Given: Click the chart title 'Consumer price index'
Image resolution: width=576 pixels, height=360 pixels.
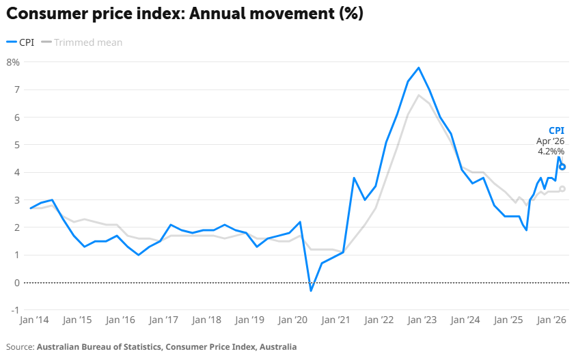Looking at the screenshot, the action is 96,14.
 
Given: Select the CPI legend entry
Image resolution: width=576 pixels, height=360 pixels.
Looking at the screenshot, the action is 20,42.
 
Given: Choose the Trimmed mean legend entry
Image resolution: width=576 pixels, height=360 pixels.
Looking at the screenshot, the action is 81,42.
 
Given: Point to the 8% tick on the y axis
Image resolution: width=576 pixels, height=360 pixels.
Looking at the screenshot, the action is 13,62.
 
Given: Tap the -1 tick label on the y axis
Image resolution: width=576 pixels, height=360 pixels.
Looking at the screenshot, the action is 15,310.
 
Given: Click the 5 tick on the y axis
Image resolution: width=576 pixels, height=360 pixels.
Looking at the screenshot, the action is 17,145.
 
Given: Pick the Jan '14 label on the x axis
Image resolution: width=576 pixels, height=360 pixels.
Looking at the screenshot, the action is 34,320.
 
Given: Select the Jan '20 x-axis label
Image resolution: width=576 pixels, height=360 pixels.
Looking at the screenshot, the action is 292,320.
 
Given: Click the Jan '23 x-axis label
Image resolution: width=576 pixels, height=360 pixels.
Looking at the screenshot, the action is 422,320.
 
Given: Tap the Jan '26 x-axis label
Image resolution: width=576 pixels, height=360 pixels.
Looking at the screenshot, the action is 551,320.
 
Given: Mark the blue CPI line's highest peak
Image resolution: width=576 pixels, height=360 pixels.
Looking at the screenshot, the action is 419,68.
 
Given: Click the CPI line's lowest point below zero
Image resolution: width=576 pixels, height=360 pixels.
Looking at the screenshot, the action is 311,291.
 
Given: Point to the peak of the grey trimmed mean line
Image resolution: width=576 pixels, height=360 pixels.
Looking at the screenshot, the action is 419,95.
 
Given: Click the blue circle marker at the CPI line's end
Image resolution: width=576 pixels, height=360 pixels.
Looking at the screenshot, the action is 562,167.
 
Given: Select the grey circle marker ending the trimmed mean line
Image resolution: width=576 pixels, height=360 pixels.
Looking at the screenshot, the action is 562,189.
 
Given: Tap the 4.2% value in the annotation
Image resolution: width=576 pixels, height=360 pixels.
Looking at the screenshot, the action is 551,152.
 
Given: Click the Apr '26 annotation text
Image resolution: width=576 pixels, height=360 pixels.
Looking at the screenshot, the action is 550,141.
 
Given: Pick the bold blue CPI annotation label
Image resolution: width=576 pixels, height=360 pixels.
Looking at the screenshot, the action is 557,130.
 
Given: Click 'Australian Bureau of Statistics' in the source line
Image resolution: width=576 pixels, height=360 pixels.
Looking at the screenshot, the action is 99,347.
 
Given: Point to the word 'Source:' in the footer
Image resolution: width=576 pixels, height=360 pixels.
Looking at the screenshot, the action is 20,347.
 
